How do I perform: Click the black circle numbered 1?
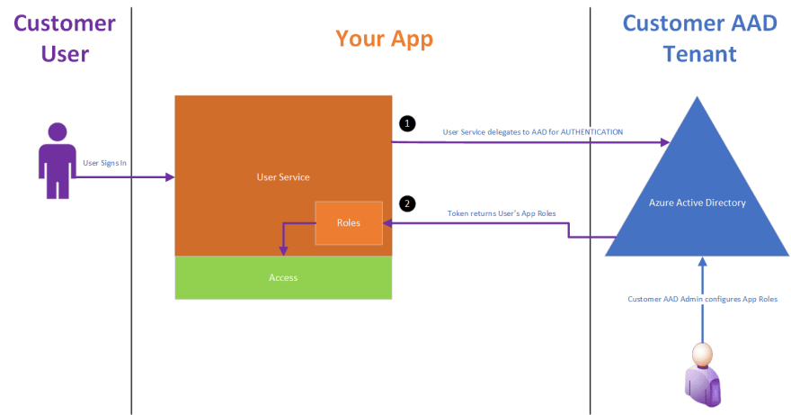coord(407,123)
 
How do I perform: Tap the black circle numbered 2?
coord(407,203)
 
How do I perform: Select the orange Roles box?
coord(349,223)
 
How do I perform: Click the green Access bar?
coord(283,277)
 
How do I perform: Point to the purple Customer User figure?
coord(57,160)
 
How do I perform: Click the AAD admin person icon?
coord(703,374)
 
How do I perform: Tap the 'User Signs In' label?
coord(104,163)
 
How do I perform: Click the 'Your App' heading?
coord(385,39)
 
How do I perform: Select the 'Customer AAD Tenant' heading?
coord(699,39)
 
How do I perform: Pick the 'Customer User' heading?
coord(65,39)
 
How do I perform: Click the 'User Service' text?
coord(283,177)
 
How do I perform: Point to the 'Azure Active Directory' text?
coord(698,203)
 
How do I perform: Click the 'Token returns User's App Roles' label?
coord(502,213)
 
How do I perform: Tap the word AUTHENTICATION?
coord(591,132)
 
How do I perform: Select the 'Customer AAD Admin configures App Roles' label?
coord(702,299)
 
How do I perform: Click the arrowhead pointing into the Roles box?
coord(387,223)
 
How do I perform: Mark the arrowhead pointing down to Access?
coord(283,251)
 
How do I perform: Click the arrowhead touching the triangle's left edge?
coord(665,142)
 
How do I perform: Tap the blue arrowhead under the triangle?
coord(702,261)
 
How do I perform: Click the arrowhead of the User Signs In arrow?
coord(170,177)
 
